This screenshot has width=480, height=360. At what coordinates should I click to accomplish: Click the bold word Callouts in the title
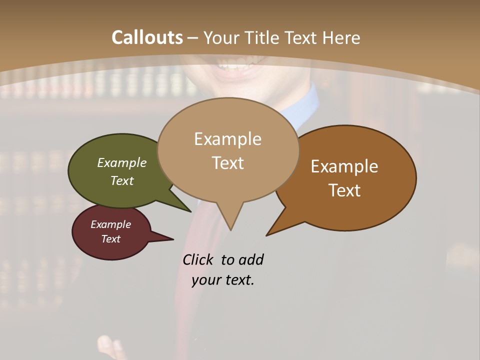pos(147,37)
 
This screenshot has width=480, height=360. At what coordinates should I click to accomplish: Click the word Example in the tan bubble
pos(227,139)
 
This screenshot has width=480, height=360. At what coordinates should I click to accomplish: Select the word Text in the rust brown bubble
pos(344,190)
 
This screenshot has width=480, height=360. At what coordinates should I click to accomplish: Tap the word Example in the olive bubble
pos(122,163)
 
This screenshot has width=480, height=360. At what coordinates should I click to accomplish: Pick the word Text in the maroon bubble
pos(111,239)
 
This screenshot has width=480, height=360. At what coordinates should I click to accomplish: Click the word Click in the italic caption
pos(198,259)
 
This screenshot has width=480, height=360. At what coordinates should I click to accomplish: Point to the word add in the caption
pos(250,259)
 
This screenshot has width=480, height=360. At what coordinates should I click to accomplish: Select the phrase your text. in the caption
pos(223,280)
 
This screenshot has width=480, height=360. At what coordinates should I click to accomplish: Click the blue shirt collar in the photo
pos(308,107)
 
